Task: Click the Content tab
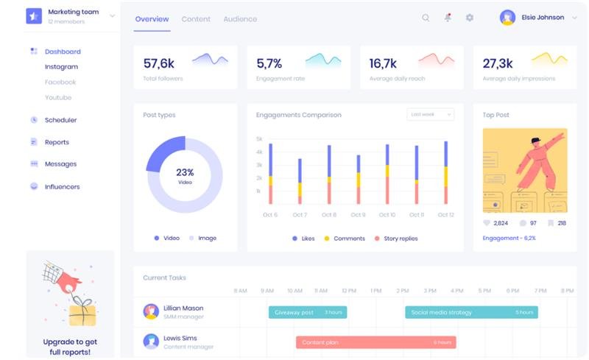point(195,19)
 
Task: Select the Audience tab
point(240,19)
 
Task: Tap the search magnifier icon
point(426,18)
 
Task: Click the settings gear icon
point(470,18)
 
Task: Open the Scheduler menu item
point(60,120)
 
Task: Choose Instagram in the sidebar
point(61,67)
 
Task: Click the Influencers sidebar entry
point(62,187)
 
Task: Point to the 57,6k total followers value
point(159,63)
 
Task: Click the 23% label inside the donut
point(185,172)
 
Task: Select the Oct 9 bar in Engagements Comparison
point(359,180)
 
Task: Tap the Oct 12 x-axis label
point(445,215)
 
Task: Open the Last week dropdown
point(430,115)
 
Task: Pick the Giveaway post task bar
point(307,312)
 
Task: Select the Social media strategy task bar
point(471,312)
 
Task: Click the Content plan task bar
point(375,342)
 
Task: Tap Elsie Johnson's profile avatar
point(507,18)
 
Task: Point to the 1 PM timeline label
point(376,291)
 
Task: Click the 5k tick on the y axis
point(259,139)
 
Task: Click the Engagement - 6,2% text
point(509,239)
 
